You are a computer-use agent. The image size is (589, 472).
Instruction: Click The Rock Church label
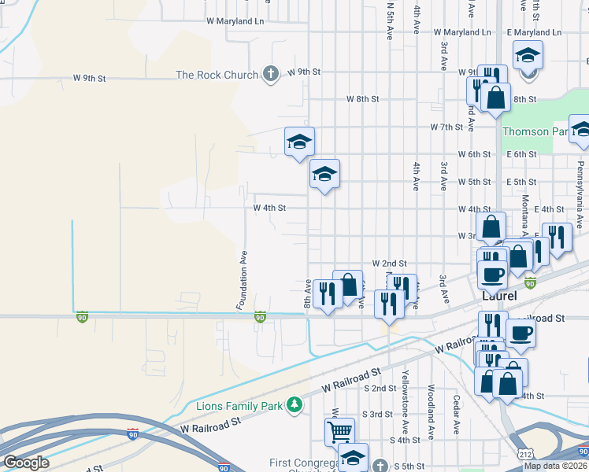point(217,75)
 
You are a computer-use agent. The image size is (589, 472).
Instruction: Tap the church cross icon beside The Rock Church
point(270,75)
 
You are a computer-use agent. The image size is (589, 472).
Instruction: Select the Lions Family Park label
point(240,406)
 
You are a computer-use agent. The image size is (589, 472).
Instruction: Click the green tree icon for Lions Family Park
point(294,404)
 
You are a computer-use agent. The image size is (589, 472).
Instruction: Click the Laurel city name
point(499,297)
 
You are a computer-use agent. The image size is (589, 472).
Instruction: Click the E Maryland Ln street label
point(534,32)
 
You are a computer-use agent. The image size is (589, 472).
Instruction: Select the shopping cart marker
point(339,430)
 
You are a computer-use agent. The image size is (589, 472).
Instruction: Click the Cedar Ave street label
point(456,415)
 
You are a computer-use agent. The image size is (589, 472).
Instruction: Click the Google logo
point(26,462)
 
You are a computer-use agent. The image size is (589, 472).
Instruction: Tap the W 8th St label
point(363,99)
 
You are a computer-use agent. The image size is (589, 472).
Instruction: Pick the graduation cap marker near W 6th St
point(299,142)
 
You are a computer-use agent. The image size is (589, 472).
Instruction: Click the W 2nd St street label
point(389,263)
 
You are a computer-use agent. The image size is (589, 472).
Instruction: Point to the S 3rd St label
point(376,414)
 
